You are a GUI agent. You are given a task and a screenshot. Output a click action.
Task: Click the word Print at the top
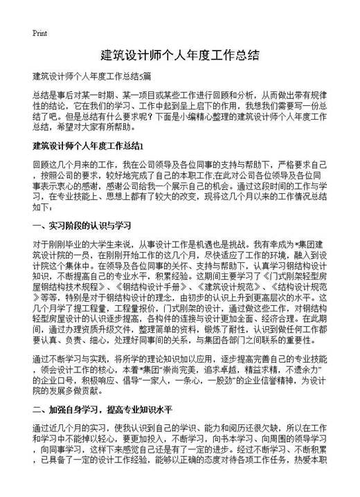tap(39, 33)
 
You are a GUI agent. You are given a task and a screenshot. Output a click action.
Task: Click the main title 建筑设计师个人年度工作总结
tap(179, 55)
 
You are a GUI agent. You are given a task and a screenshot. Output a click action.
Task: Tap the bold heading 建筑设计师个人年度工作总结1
tap(88, 147)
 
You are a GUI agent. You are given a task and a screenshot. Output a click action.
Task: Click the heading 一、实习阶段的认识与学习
tap(78, 226)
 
